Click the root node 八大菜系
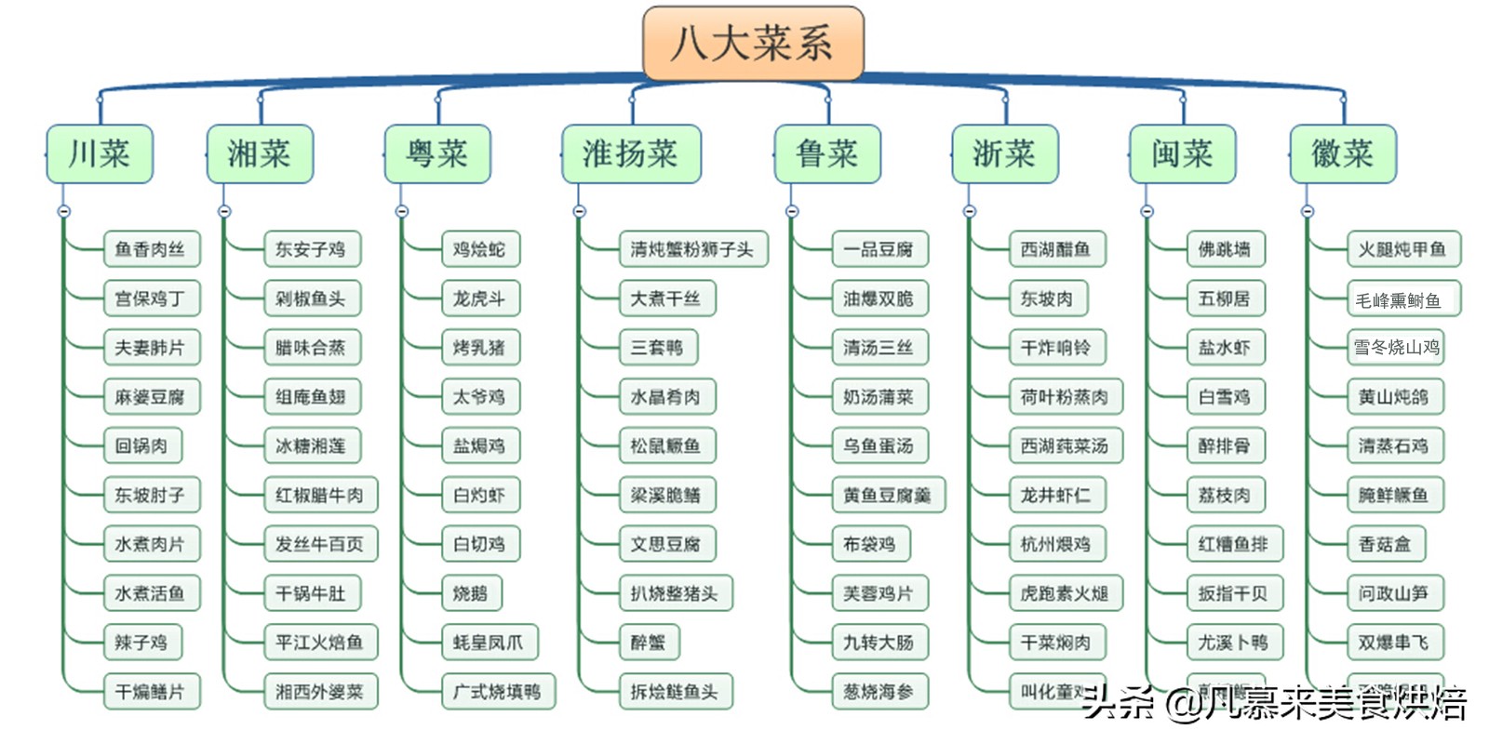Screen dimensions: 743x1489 (753, 43)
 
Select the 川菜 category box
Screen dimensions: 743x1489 (100, 153)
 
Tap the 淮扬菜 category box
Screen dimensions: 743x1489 (631, 153)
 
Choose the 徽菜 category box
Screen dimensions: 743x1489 (1342, 153)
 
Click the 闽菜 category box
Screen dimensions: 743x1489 (1182, 153)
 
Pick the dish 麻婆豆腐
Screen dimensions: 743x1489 (151, 397)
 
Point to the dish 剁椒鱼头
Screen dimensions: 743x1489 (311, 299)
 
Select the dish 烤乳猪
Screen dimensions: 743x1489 (479, 348)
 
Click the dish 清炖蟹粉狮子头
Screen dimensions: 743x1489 (692, 249)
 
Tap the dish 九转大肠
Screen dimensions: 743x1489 (879, 643)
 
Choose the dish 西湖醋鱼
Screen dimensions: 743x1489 (1055, 249)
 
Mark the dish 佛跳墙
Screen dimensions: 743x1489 (1225, 249)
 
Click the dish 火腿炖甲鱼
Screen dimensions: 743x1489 (1402, 249)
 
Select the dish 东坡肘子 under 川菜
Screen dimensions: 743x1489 (151, 495)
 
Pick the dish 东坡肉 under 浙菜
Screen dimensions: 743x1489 (1047, 299)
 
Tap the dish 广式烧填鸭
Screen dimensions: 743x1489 (497, 692)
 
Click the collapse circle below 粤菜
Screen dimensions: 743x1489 (402, 212)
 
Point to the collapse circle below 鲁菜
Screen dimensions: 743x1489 (792, 212)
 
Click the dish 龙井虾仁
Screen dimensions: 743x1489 (1055, 495)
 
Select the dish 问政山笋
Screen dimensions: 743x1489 (1393, 593)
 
